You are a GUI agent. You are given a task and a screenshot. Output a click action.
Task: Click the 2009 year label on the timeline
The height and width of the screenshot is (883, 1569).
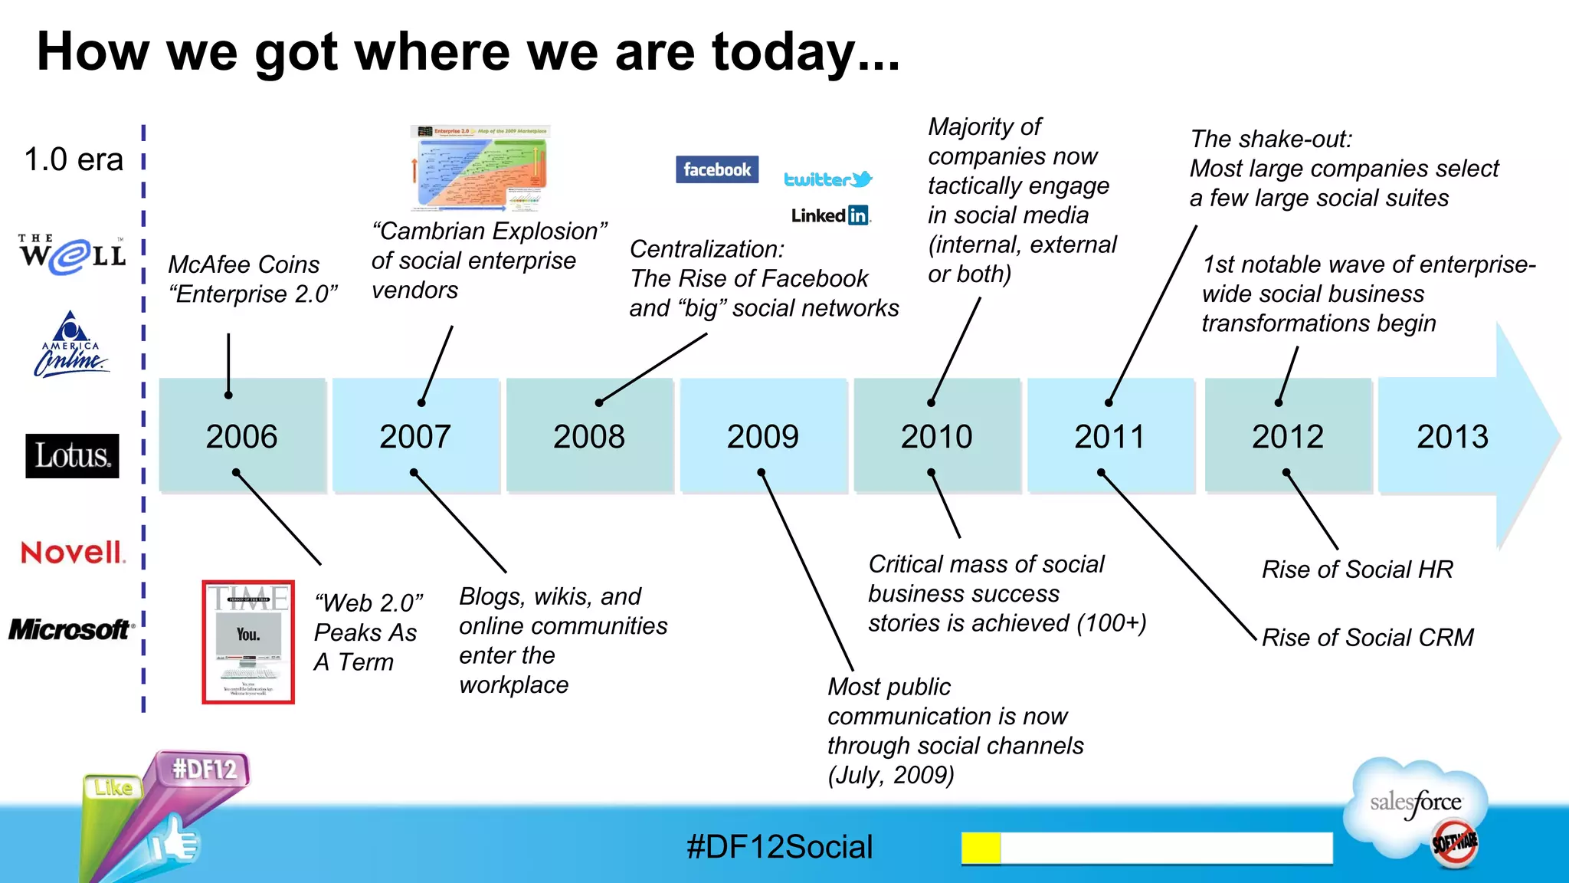point(762,437)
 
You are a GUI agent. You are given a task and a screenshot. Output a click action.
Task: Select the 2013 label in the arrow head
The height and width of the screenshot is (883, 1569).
point(1452,437)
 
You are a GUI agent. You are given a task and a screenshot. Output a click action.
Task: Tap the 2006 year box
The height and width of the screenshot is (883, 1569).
point(242,435)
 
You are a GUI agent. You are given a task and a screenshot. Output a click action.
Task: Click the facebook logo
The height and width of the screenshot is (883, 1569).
point(717,169)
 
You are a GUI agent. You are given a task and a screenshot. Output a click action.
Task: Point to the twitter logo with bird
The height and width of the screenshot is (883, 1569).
point(827,179)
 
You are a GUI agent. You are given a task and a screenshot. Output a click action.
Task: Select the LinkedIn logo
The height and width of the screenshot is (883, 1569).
point(830,215)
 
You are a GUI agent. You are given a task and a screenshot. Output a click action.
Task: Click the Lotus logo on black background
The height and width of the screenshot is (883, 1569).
point(72,456)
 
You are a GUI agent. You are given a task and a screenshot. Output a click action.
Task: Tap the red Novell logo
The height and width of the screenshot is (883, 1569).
point(72,552)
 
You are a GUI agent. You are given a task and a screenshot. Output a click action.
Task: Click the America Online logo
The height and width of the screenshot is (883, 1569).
point(71,345)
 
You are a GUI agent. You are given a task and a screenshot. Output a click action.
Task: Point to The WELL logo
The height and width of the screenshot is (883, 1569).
point(72,254)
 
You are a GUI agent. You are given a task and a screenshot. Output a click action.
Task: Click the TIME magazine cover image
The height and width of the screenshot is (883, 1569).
point(248,642)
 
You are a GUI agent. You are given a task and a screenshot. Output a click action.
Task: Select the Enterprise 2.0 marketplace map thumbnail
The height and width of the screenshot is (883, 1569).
point(480,168)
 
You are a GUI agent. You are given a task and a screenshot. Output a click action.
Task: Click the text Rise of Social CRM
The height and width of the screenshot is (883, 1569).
point(1368,637)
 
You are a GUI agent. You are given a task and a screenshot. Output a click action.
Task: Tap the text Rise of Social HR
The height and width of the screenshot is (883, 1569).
point(1357,570)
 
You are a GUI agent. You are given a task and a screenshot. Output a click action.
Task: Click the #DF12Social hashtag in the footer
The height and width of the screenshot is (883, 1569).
point(779,847)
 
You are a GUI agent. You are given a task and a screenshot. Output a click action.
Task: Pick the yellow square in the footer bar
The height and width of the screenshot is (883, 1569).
point(981,848)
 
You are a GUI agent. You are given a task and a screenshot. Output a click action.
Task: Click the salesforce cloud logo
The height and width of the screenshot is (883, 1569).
point(1417,809)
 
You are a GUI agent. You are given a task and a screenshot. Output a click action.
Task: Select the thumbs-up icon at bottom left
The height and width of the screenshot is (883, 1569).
point(174,843)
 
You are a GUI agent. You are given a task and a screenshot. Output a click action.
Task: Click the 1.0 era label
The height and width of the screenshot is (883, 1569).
point(74,159)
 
